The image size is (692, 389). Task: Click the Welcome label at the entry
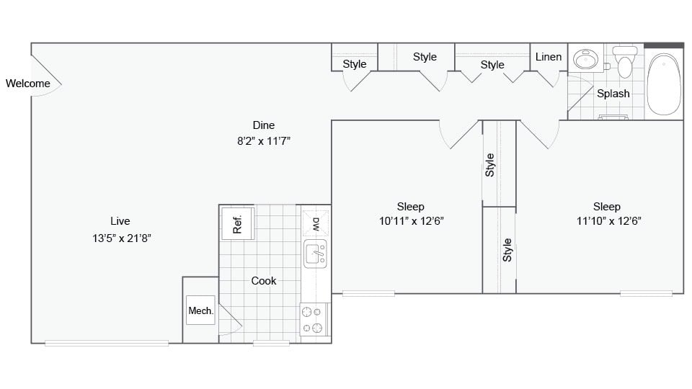pyautogui.click(x=28, y=83)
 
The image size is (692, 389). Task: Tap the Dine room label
pyautogui.click(x=263, y=125)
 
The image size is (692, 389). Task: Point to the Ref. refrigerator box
pyautogui.click(x=236, y=225)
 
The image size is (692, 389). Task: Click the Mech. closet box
pyautogui.click(x=200, y=310)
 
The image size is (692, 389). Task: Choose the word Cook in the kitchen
pyautogui.click(x=263, y=281)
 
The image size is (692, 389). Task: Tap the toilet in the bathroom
pyautogui.click(x=624, y=63)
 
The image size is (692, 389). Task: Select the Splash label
pyautogui.click(x=613, y=94)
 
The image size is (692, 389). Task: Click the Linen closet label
pyautogui.click(x=549, y=57)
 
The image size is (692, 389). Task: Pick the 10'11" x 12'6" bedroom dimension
pyautogui.click(x=411, y=222)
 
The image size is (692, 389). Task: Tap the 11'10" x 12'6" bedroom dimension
pyautogui.click(x=609, y=222)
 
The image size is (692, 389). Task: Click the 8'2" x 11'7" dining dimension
pyautogui.click(x=263, y=140)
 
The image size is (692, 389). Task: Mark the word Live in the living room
pyautogui.click(x=120, y=221)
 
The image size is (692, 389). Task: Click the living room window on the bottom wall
pyautogui.click(x=107, y=343)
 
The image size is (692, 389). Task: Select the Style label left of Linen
pyautogui.click(x=492, y=65)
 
